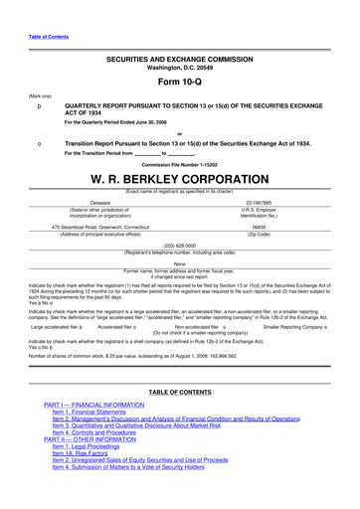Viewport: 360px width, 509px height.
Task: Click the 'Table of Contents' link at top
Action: click(43, 37)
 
